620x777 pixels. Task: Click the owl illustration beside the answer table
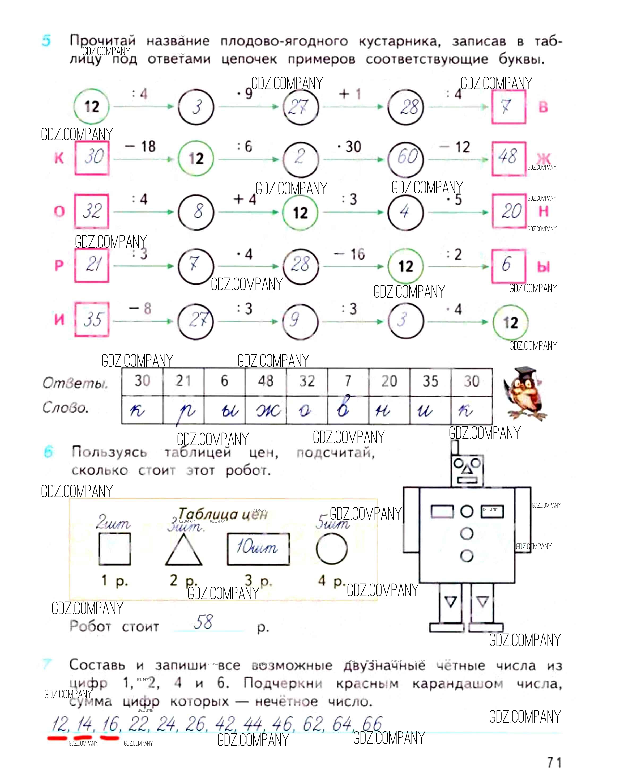click(524, 393)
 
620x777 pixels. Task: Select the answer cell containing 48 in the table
click(266, 381)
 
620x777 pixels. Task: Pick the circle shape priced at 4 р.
click(331, 549)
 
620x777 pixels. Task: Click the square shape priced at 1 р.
click(114, 549)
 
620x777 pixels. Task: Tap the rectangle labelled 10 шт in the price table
click(258, 549)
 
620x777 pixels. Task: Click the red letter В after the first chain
click(543, 107)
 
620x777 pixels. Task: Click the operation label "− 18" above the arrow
click(140, 147)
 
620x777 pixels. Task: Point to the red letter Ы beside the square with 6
click(543, 267)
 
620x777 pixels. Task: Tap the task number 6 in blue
click(48, 452)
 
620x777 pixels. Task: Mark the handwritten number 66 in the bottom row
click(372, 723)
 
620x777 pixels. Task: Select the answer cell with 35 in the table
click(430, 381)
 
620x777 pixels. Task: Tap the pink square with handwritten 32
click(92, 211)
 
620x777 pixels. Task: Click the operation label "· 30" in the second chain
click(349, 147)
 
